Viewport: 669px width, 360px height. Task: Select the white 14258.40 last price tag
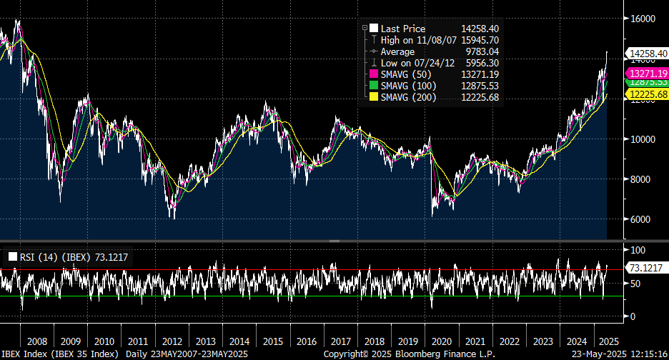point(647,53)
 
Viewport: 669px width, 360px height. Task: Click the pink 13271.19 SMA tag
point(647,74)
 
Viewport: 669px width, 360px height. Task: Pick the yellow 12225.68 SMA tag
point(647,94)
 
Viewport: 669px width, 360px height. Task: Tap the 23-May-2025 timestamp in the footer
point(599,354)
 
